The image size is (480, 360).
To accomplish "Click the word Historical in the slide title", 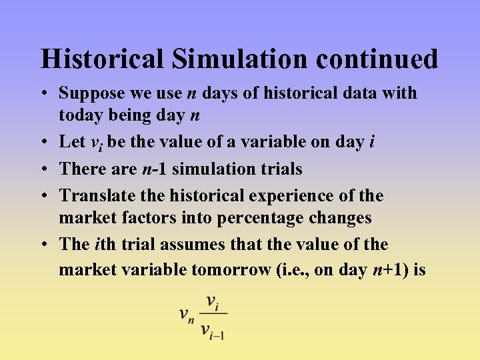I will (102, 59).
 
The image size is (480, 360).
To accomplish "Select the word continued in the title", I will (377, 59).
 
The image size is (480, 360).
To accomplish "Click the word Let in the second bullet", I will (72, 141).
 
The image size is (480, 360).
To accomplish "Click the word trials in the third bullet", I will (280, 169).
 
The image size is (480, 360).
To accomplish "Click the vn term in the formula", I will (187, 314).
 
